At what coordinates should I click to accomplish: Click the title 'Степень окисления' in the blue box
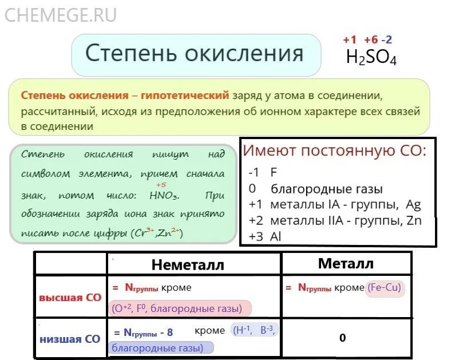pyautogui.click(x=194, y=54)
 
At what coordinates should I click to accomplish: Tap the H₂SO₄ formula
pyautogui.click(x=371, y=58)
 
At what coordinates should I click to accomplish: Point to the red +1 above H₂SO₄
pyautogui.click(x=350, y=40)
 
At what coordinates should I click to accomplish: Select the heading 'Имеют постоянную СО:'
pyautogui.click(x=334, y=152)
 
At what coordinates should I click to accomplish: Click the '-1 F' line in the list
pyautogui.click(x=263, y=172)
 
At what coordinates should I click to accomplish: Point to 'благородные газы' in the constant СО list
pyautogui.click(x=327, y=189)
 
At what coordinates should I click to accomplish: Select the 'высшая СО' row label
pyautogui.click(x=70, y=298)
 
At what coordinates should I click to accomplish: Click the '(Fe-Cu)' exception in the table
pyautogui.click(x=385, y=288)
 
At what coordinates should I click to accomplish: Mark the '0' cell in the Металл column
pyautogui.click(x=342, y=338)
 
